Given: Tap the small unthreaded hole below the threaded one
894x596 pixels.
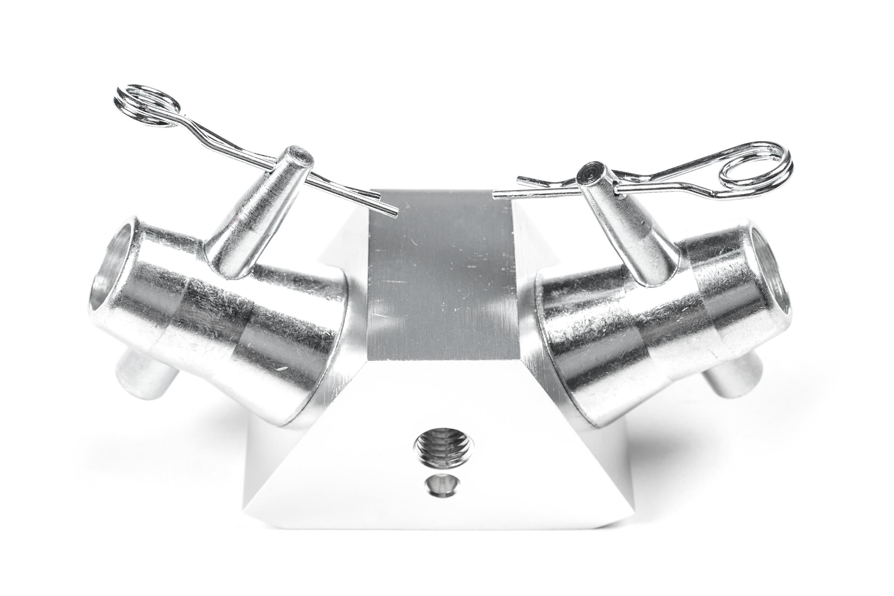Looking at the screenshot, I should click(x=442, y=486).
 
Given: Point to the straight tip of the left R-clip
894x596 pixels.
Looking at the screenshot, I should click(x=393, y=211).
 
